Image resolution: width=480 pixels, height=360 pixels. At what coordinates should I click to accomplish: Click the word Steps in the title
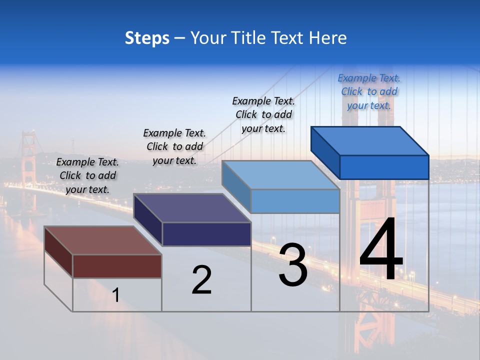coord(147,38)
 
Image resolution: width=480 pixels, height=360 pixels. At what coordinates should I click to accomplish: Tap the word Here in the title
coord(328,38)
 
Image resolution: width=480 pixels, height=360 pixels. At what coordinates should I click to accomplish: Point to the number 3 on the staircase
coord(293,265)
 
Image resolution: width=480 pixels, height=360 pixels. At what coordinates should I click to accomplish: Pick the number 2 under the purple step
coord(201,280)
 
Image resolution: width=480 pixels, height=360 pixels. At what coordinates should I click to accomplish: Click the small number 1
coord(116,295)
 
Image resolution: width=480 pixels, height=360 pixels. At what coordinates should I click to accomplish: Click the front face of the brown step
coord(117,266)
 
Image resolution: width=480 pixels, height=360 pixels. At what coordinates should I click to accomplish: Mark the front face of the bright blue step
coord(384,167)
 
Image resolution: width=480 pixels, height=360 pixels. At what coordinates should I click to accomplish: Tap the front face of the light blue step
coord(295,201)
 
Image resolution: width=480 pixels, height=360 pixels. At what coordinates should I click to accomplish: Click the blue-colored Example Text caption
coord(369,91)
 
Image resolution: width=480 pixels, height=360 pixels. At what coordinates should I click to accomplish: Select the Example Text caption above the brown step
coord(87,175)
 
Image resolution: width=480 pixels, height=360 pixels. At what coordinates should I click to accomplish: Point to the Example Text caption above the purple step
coord(174,146)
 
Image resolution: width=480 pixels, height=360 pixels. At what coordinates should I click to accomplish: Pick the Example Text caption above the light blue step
coord(263,114)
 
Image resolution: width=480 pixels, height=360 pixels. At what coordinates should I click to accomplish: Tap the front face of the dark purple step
coord(206,234)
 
